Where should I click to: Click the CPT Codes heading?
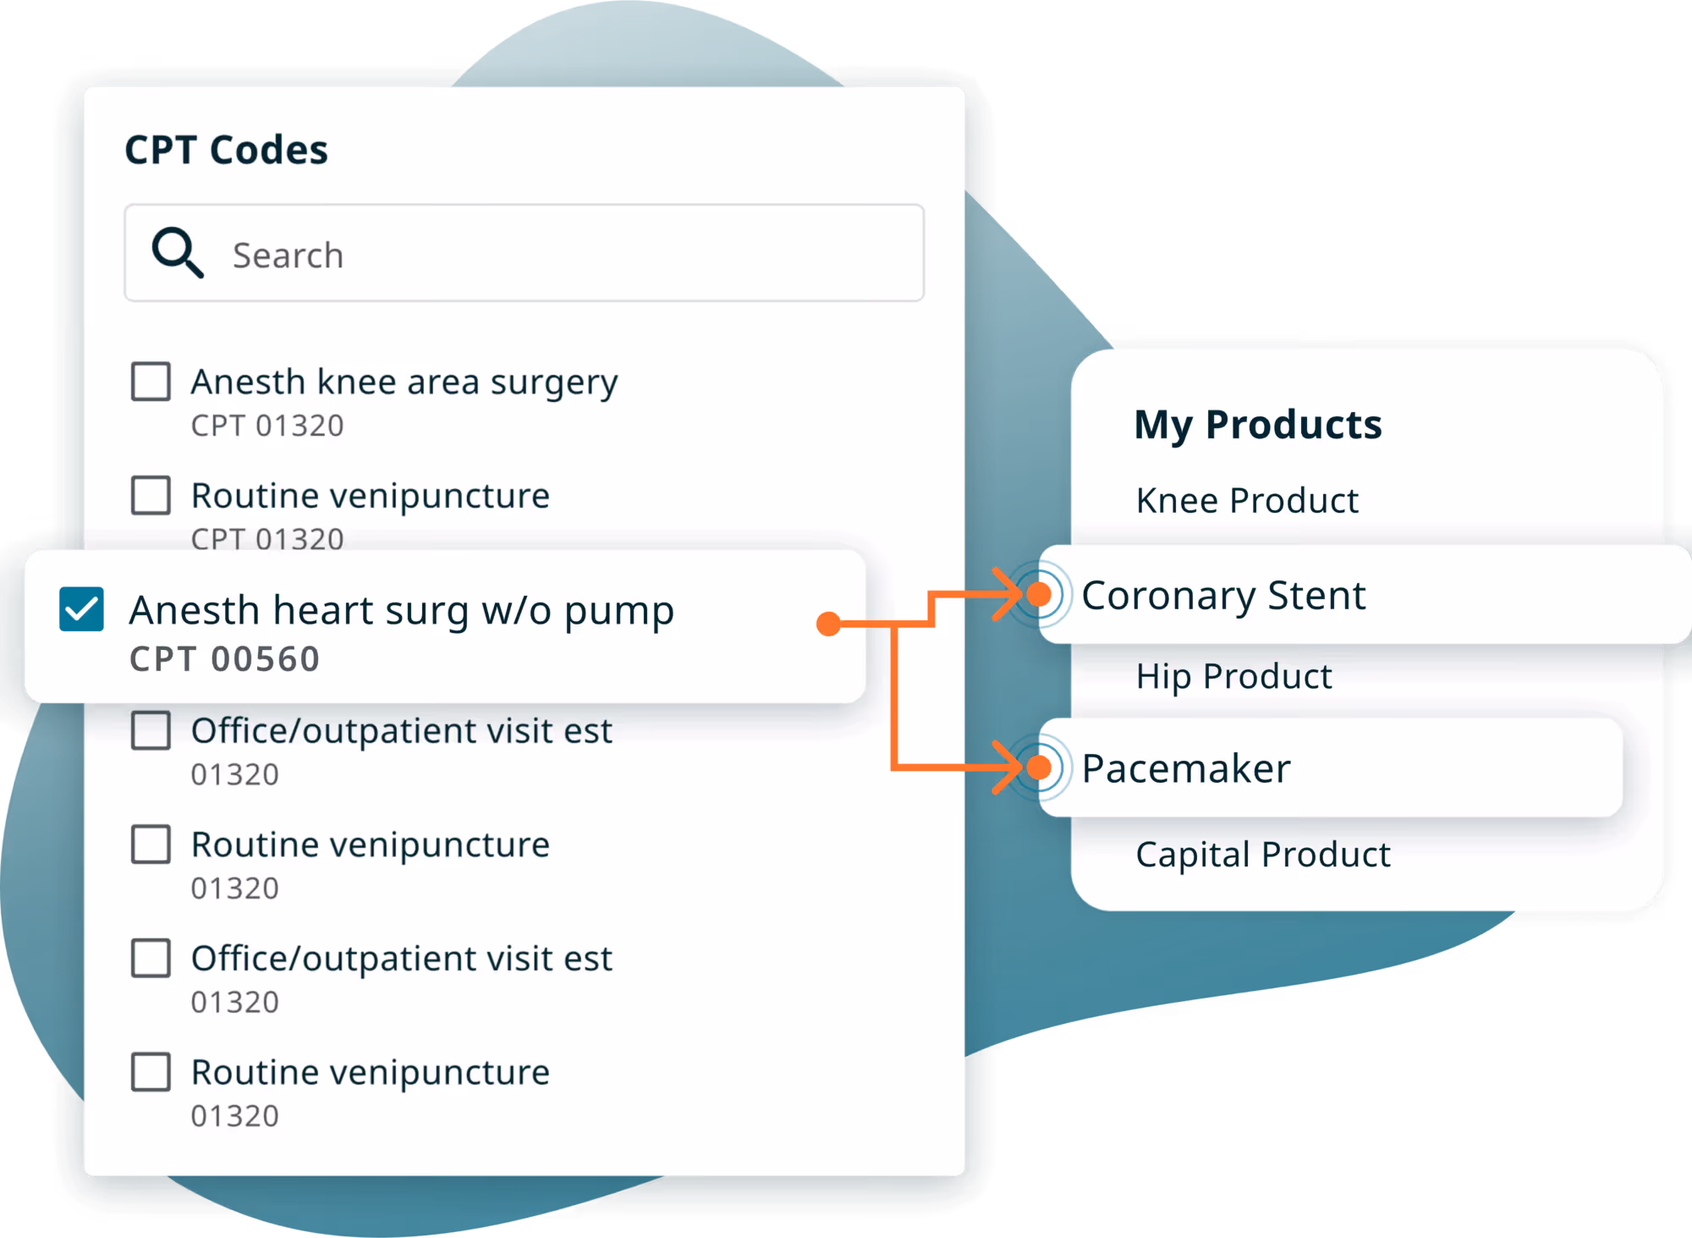click(226, 151)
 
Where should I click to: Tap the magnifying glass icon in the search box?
click(177, 252)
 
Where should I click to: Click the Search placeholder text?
click(288, 256)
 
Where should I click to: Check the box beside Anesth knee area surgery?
click(151, 382)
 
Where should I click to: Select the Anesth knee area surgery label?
click(404, 382)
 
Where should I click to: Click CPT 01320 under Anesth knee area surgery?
click(267, 426)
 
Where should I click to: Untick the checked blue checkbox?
click(82, 609)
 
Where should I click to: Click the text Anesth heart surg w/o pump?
click(401, 611)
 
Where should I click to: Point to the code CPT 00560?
click(224, 659)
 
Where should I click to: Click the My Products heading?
click(1257, 425)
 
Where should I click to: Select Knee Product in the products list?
click(1247, 501)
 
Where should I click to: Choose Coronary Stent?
click(1223, 596)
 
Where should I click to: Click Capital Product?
click(1262, 855)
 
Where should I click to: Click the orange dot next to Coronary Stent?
click(1039, 595)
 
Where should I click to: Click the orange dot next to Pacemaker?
click(1039, 768)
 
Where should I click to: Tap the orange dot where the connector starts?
click(829, 625)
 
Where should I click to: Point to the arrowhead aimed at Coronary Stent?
click(1008, 595)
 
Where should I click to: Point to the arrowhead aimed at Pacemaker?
click(1008, 768)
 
